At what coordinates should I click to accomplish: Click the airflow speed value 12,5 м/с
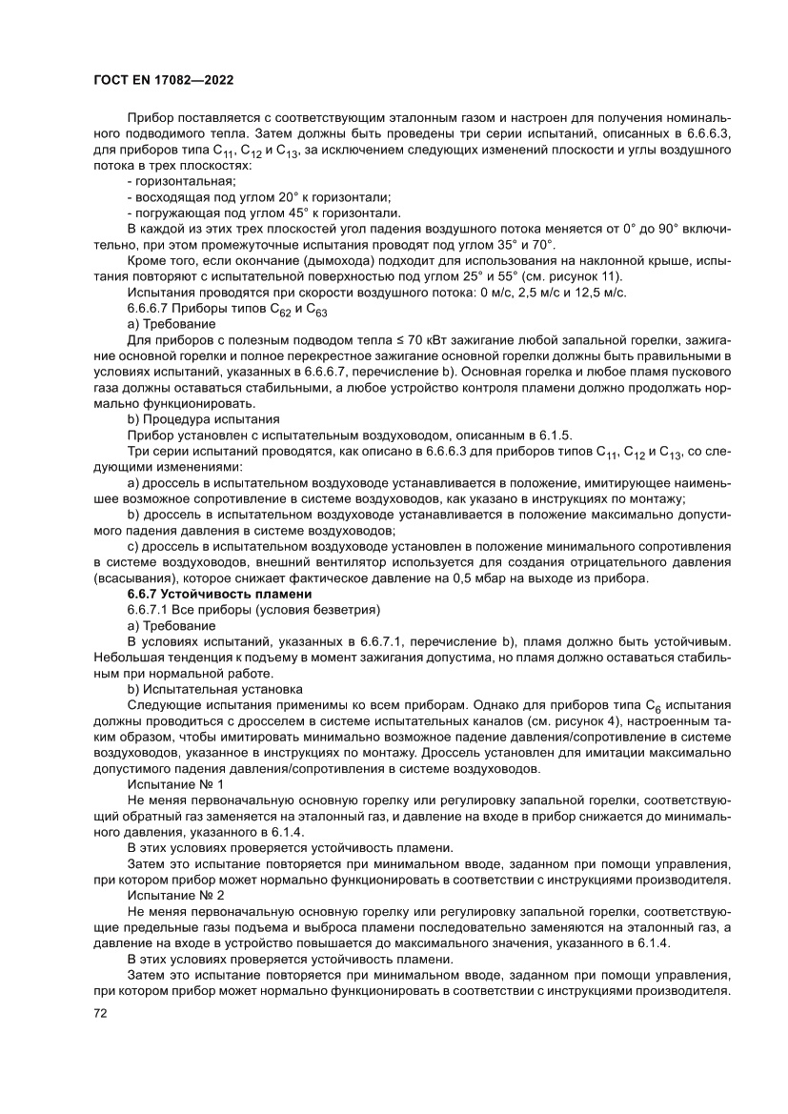point(599,294)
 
